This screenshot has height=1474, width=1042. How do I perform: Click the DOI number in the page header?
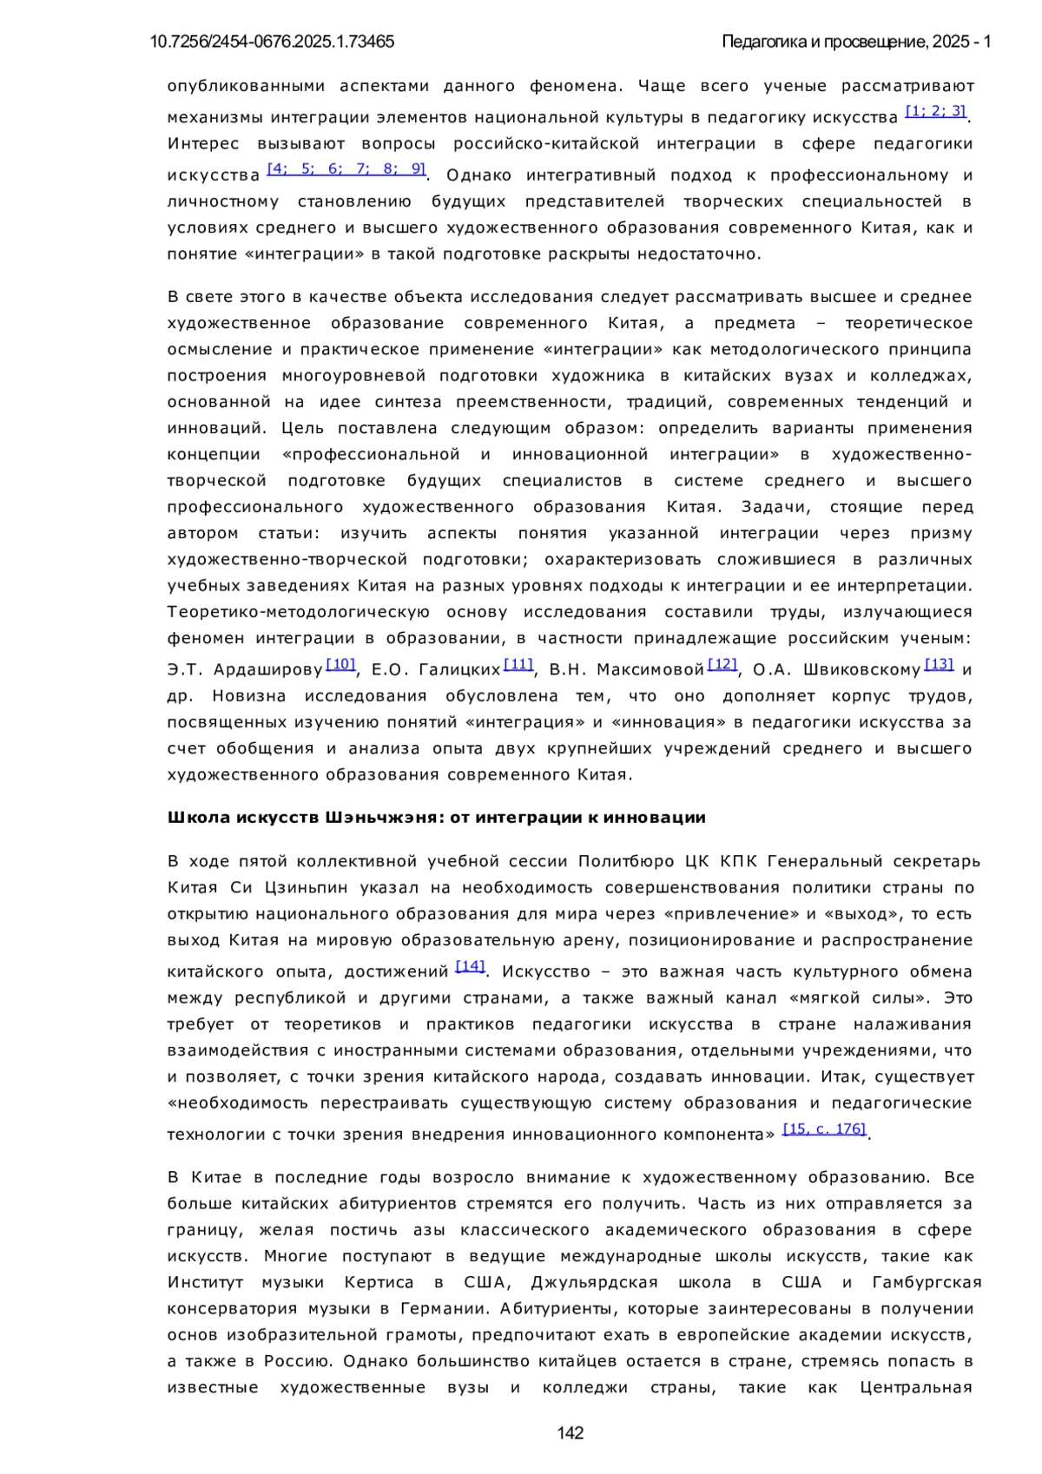(x=272, y=42)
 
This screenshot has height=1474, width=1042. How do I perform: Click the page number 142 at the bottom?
(x=570, y=1432)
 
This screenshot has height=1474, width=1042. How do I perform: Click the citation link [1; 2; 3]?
(x=935, y=111)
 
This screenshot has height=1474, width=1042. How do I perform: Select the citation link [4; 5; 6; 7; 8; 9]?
(x=346, y=168)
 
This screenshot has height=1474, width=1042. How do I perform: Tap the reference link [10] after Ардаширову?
(x=340, y=664)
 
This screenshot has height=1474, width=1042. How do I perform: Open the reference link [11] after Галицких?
(x=518, y=664)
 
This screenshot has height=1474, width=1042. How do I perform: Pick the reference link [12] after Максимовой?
(x=722, y=664)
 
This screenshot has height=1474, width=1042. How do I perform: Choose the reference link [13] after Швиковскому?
(x=939, y=664)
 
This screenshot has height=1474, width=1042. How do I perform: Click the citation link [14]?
(x=470, y=966)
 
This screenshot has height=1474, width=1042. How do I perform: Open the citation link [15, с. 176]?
(x=824, y=1129)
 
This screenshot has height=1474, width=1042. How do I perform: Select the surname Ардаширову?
(x=268, y=670)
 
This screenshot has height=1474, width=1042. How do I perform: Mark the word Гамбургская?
(x=927, y=1283)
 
